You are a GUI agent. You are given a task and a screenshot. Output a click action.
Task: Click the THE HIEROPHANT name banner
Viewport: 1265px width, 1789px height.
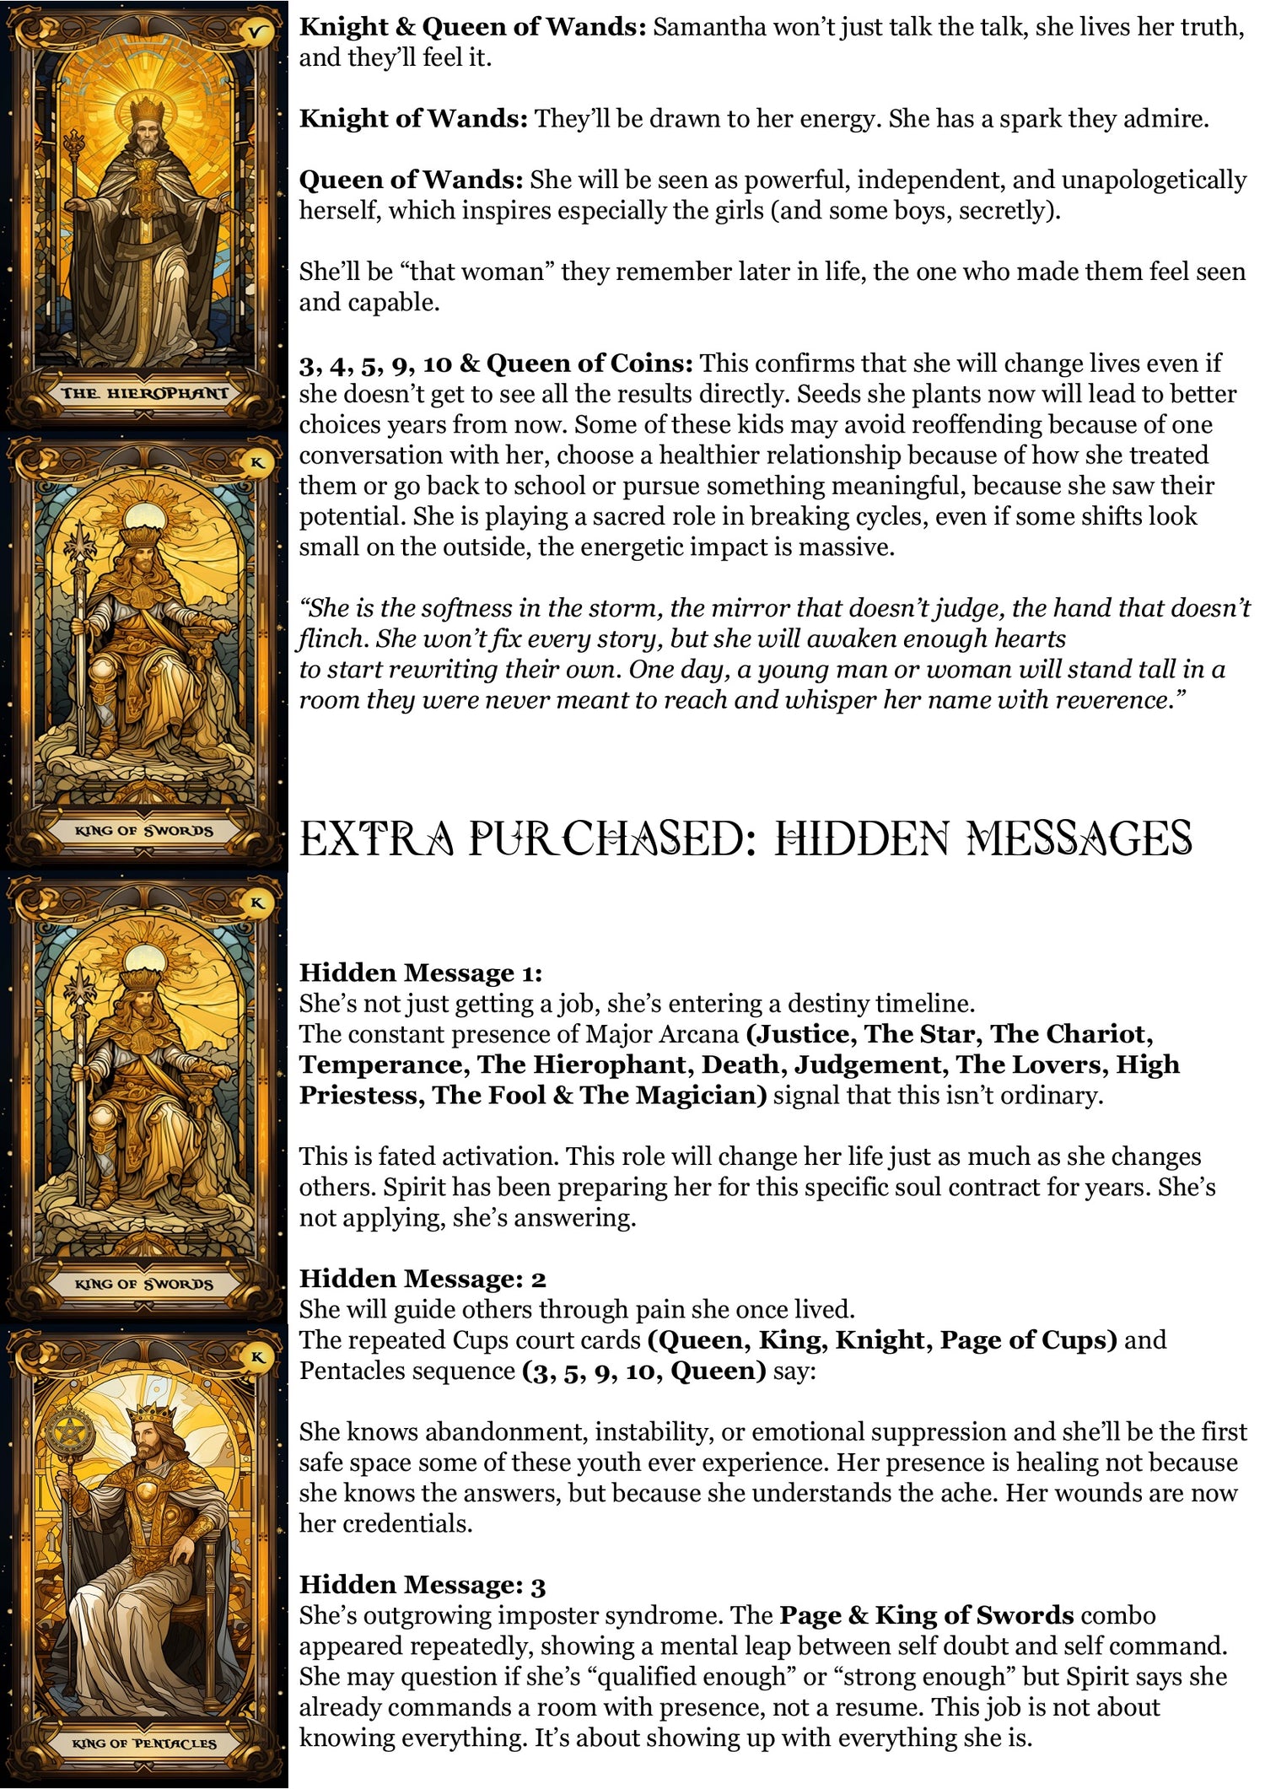[144, 393]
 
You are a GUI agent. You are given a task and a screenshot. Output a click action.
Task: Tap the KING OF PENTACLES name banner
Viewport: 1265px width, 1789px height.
[144, 1743]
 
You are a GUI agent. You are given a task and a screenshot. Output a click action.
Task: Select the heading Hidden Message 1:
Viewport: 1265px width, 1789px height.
[421, 973]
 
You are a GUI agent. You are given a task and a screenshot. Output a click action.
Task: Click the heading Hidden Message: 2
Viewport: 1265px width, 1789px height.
[423, 1279]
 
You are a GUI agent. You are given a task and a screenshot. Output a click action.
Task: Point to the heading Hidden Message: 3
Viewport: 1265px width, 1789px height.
[423, 1585]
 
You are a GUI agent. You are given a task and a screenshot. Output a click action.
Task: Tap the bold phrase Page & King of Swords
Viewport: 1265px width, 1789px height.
[926, 1615]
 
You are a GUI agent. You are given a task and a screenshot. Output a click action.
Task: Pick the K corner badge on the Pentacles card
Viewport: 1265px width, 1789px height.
[257, 1357]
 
